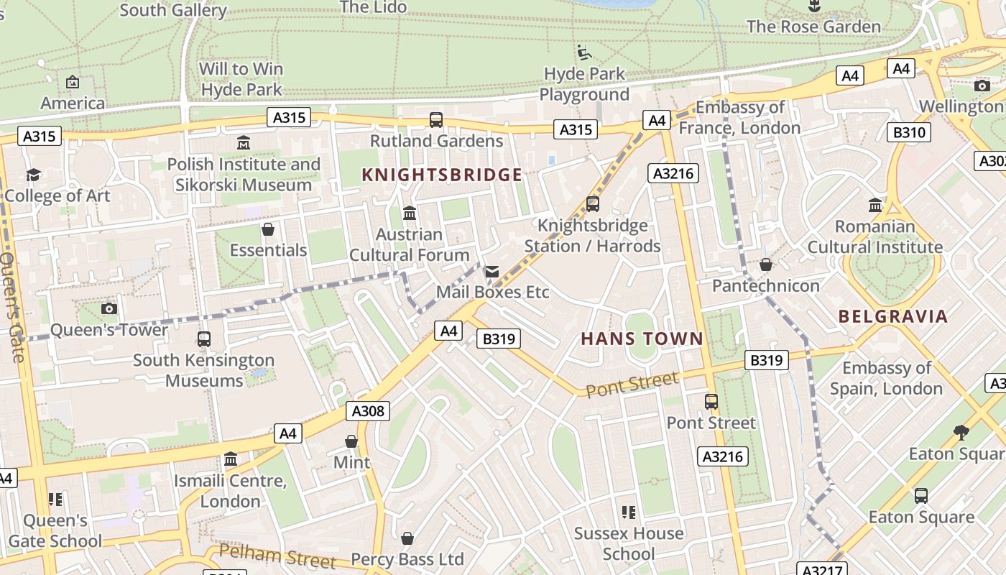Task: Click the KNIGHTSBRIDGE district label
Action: [442, 175]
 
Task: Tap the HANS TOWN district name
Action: [642, 339]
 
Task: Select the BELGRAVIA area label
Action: [893, 316]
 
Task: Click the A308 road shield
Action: [368, 411]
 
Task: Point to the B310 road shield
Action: [909, 132]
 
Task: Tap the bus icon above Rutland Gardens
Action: [435, 120]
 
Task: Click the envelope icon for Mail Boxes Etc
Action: [492, 272]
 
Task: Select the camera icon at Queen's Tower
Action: [109, 308]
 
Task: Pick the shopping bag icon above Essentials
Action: [268, 229]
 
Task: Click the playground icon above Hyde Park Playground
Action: [584, 52]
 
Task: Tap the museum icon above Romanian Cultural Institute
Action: [875, 206]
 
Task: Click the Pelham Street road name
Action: [277, 556]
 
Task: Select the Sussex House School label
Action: [629, 543]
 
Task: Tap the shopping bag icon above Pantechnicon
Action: [766, 264]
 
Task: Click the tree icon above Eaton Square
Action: [961, 433]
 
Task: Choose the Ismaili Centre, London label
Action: [230, 491]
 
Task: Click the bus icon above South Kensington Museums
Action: [204, 339]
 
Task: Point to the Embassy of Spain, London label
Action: [886, 378]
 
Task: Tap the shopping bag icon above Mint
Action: [351, 441]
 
